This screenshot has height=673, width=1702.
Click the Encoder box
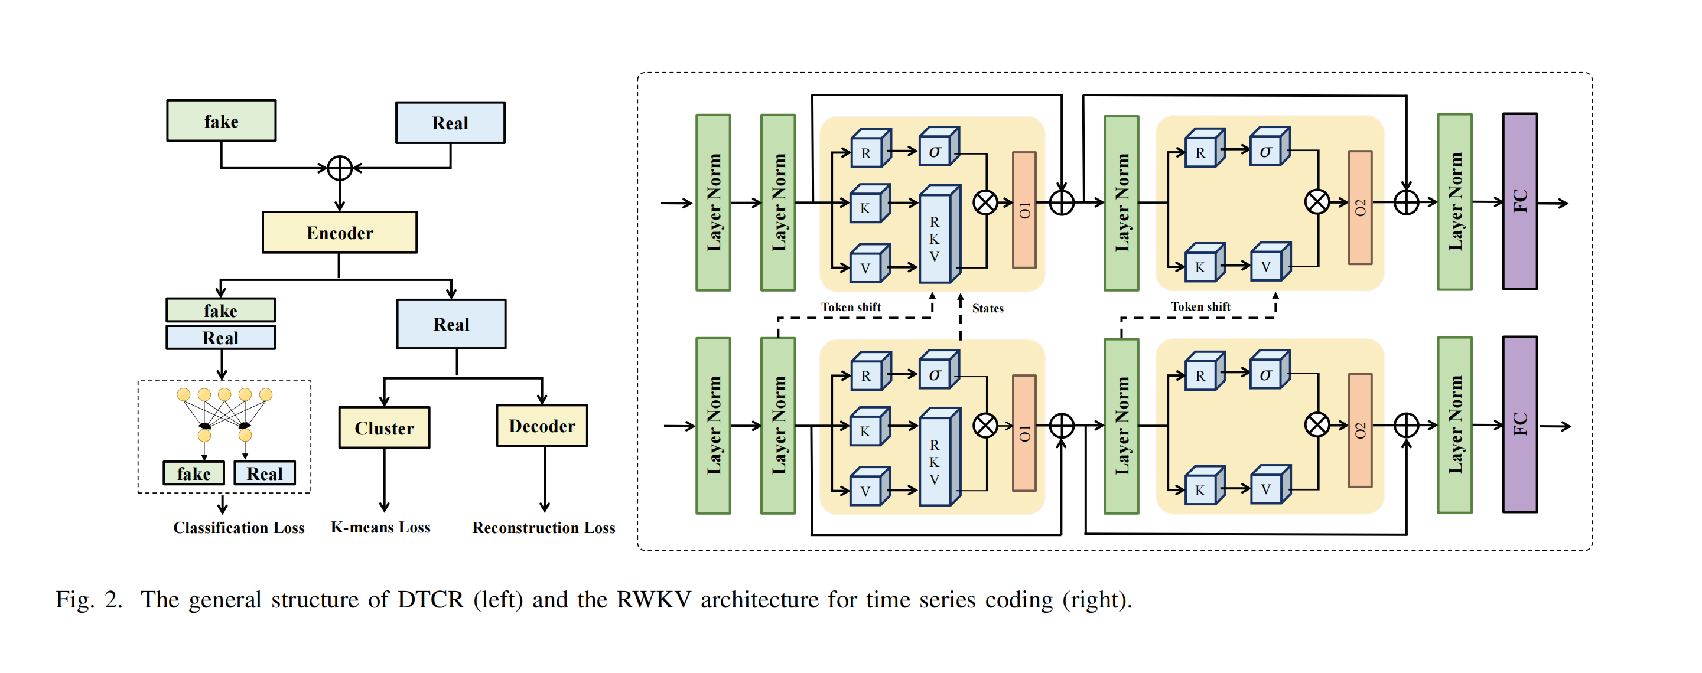click(x=339, y=233)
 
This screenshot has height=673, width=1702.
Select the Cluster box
click(x=384, y=428)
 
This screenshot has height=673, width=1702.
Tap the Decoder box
click(x=542, y=426)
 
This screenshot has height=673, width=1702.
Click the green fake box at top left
click(x=221, y=121)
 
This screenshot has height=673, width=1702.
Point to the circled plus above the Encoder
click(x=340, y=168)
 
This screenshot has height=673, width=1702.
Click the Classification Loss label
click(x=239, y=528)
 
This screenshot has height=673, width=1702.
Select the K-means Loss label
click(x=380, y=527)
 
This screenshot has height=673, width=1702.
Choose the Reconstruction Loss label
click(x=543, y=528)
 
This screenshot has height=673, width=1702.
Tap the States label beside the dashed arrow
click(x=987, y=308)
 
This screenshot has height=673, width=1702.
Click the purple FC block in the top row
click(x=1519, y=201)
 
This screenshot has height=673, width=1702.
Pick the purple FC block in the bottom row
click(x=1519, y=424)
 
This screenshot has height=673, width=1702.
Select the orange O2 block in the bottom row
click(x=1359, y=430)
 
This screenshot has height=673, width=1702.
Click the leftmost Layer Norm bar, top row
click(x=713, y=202)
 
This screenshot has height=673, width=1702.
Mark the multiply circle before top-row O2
click(x=1317, y=202)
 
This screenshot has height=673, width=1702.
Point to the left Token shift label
click(x=850, y=307)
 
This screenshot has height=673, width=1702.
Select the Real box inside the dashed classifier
click(x=264, y=473)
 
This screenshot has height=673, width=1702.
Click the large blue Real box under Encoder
click(x=451, y=324)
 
